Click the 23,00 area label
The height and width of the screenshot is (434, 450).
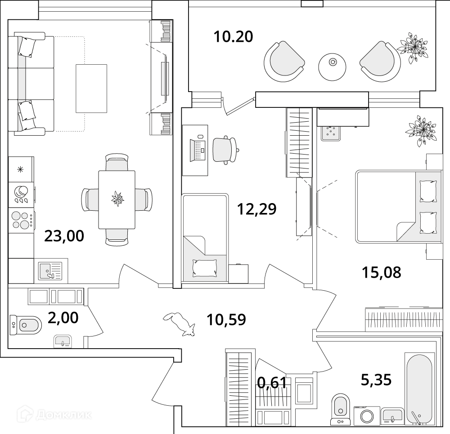pyautogui.click(x=64, y=236)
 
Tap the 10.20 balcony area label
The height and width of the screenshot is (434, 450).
pyautogui.click(x=233, y=37)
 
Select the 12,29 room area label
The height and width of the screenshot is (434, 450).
pyautogui.click(x=256, y=209)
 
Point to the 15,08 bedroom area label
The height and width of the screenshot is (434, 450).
pyautogui.click(x=381, y=272)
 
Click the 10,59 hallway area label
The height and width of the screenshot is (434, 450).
pyautogui.click(x=226, y=320)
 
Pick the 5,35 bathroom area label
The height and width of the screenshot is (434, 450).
pyautogui.click(x=376, y=380)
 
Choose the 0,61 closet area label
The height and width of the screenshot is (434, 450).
pyautogui.click(x=272, y=383)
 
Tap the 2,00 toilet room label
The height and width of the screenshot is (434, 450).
pyautogui.click(x=63, y=318)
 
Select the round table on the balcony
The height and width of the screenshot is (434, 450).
pyautogui.click(x=333, y=67)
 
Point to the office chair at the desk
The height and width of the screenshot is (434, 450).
pyautogui.click(x=225, y=150)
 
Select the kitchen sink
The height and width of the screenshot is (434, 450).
pyautogui.click(x=50, y=271)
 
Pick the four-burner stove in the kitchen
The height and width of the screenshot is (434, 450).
pyautogui.click(x=22, y=220)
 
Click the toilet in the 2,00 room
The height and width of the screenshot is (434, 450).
pyautogui.click(x=26, y=325)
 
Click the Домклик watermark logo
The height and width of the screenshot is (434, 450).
pyautogui.click(x=54, y=415)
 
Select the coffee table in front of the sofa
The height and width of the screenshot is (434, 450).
pyautogui.click(x=91, y=89)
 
